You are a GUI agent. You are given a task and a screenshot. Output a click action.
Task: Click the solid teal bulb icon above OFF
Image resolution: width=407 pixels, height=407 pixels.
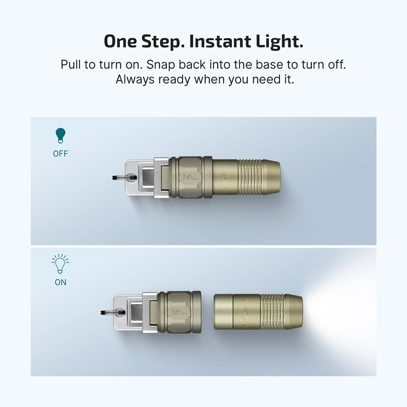[x=60, y=136]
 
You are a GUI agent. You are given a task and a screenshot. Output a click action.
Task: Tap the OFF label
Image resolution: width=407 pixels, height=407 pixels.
[x=60, y=154]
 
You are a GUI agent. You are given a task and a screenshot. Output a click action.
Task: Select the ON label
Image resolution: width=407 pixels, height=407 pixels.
[x=60, y=282]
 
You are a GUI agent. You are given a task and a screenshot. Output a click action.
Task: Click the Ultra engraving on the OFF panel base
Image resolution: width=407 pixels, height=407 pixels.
[x=190, y=177]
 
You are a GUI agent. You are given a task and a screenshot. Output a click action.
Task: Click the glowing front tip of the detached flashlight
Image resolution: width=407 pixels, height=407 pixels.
[x=300, y=311]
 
